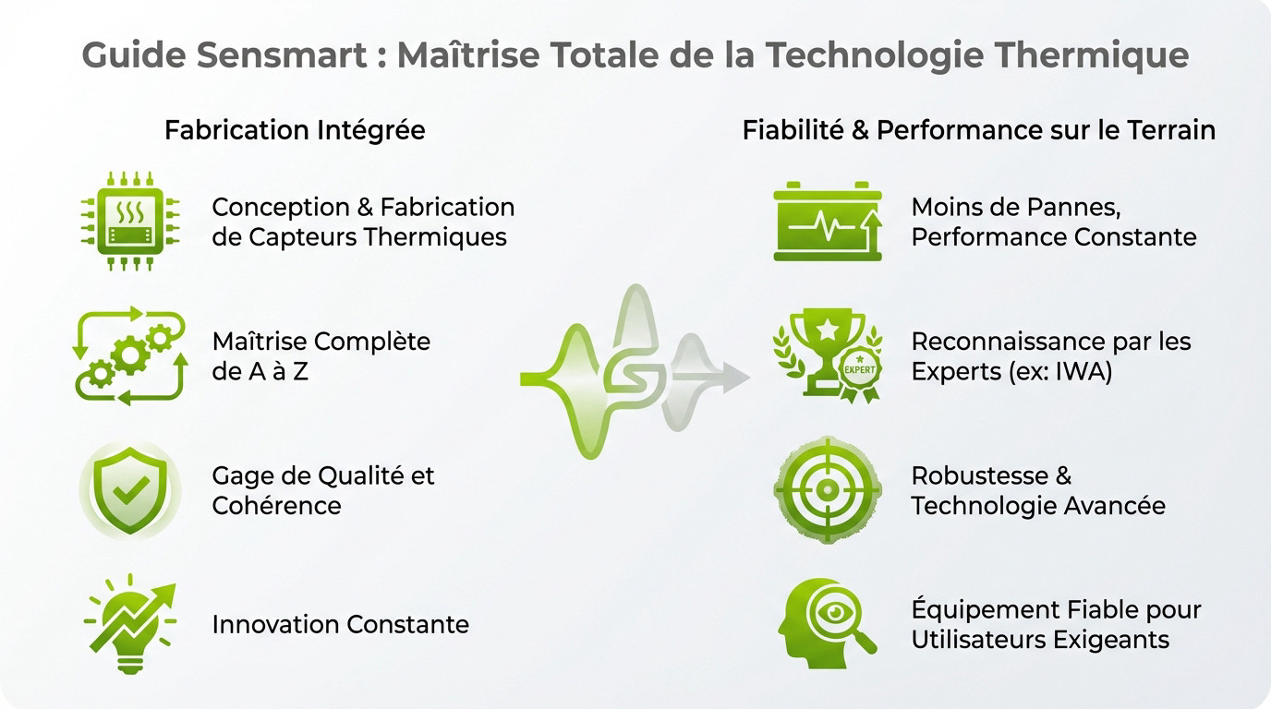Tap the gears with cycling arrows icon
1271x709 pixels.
(129, 355)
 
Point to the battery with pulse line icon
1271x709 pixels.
(828, 222)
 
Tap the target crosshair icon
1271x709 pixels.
(828, 489)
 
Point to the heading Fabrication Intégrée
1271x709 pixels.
(295, 130)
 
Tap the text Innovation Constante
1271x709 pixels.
(340, 624)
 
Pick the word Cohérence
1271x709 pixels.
(276, 505)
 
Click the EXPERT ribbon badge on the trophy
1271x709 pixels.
(858, 373)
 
